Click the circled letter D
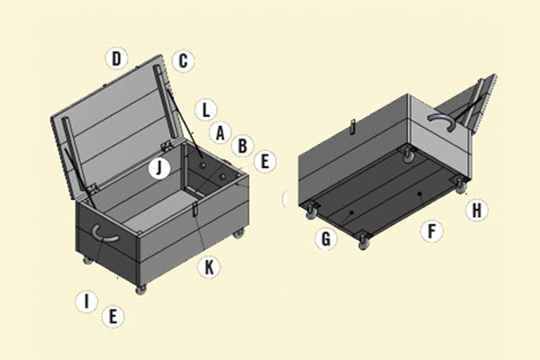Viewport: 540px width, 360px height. click(x=115, y=58)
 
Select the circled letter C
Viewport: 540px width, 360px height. click(x=183, y=60)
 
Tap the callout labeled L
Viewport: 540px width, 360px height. click(x=206, y=110)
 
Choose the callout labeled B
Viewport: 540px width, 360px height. click(x=241, y=144)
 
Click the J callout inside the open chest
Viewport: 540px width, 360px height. click(x=159, y=167)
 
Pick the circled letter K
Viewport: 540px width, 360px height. click(x=209, y=266)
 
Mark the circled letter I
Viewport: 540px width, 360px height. click(x=85, y=301)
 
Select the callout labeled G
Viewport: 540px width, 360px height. click(x=325, y=238)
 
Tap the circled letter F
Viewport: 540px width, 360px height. click(x=433, y=231)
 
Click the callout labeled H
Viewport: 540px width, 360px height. click(x=478, y=211)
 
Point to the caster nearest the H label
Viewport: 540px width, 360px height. click(x=458, y=184)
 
